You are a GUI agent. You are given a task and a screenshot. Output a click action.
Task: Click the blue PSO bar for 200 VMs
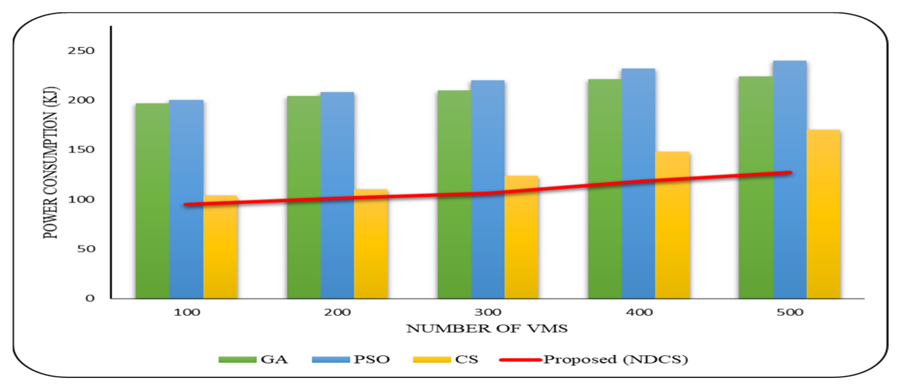(337, 195)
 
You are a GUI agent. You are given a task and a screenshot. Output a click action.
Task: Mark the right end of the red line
(790, 172)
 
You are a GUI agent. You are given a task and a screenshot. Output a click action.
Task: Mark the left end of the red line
(185, 204)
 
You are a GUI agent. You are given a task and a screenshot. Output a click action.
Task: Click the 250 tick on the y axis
(81, 51)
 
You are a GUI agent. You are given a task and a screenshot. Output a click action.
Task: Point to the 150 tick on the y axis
(81, 150)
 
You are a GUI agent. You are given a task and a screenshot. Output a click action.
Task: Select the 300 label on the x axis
(488, 312)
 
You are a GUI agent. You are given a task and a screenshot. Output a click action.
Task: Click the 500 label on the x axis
(790, 312)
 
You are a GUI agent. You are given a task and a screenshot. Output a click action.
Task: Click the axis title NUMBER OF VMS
(487, 329)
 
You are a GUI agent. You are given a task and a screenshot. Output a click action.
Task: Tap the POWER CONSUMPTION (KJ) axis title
(51, 162)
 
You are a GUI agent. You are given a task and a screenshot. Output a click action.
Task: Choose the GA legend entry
(253, 360)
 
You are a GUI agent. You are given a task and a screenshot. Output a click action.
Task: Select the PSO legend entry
(351, 360)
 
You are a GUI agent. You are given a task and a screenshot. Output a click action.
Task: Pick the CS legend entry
(445, 360)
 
